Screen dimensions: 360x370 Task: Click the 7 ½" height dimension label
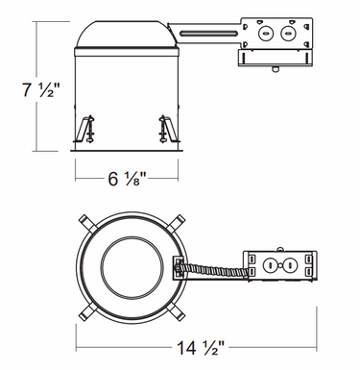(40, 89)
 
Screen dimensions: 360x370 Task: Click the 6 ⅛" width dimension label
(127, 179)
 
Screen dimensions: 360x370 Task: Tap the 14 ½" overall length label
(201, 347)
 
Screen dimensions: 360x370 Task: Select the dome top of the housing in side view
(127, 35)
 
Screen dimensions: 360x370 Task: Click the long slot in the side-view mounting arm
(208, 33)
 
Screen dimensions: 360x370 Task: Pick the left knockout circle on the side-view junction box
(265, 34)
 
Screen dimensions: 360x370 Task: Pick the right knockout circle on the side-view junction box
(287, 34)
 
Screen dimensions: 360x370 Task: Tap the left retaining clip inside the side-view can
(84, 129)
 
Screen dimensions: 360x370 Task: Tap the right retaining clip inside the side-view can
(168, 129)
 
